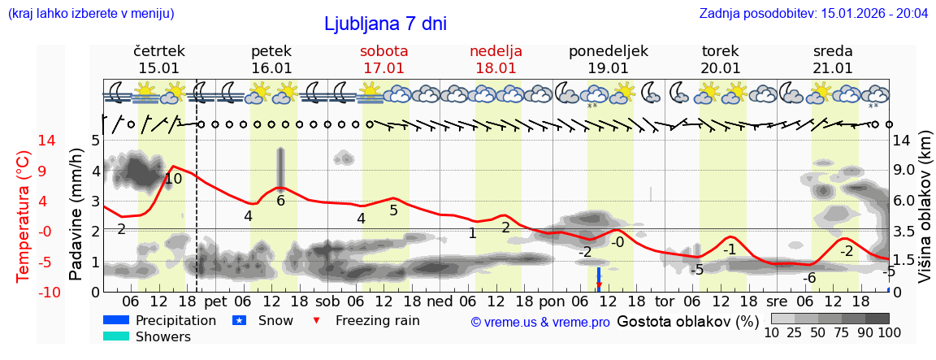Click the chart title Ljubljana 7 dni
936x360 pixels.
(x=385, y=24)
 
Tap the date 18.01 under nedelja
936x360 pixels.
(x=496, y=68)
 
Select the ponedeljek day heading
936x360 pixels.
(x=608, y=51)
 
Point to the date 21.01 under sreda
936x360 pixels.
(x=833, y=68)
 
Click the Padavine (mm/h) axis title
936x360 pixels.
(x=76, y=214)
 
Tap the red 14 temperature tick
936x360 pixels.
(x=24, y=141)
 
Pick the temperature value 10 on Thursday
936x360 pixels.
(x=173, y=179)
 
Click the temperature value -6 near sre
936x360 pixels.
(x=808, y=278)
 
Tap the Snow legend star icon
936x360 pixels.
(x=239, y=320)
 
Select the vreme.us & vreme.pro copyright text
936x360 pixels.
(x=540, y=322)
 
